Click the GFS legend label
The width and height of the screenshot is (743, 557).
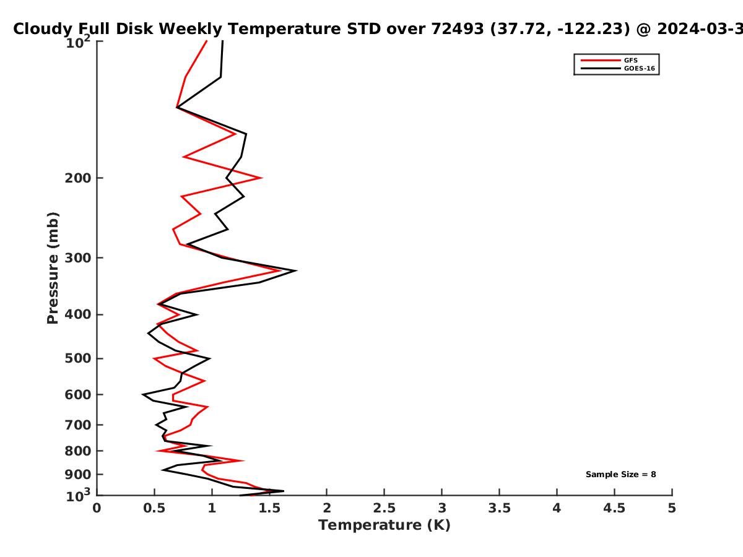point(630,60)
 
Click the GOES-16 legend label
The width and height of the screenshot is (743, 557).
point(640,68)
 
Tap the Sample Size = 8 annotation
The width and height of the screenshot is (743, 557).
point(621,475)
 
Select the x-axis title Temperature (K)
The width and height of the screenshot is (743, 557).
point(385,525)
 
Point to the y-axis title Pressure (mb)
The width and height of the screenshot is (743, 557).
point(53,268)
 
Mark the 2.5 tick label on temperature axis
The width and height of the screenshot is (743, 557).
point(385,508)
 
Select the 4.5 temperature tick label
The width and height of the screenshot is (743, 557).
point(614,508)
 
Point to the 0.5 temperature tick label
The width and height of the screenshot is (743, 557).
point(154,508)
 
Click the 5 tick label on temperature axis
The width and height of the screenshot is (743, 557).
point(672,508)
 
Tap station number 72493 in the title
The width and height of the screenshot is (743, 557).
point(458,28)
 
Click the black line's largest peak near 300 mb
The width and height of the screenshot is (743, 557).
point(296,270)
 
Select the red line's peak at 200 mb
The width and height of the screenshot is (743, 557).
point(261,178)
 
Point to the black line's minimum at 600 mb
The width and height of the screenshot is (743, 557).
point(143,394)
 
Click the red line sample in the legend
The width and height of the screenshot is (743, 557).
point(601,60)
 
